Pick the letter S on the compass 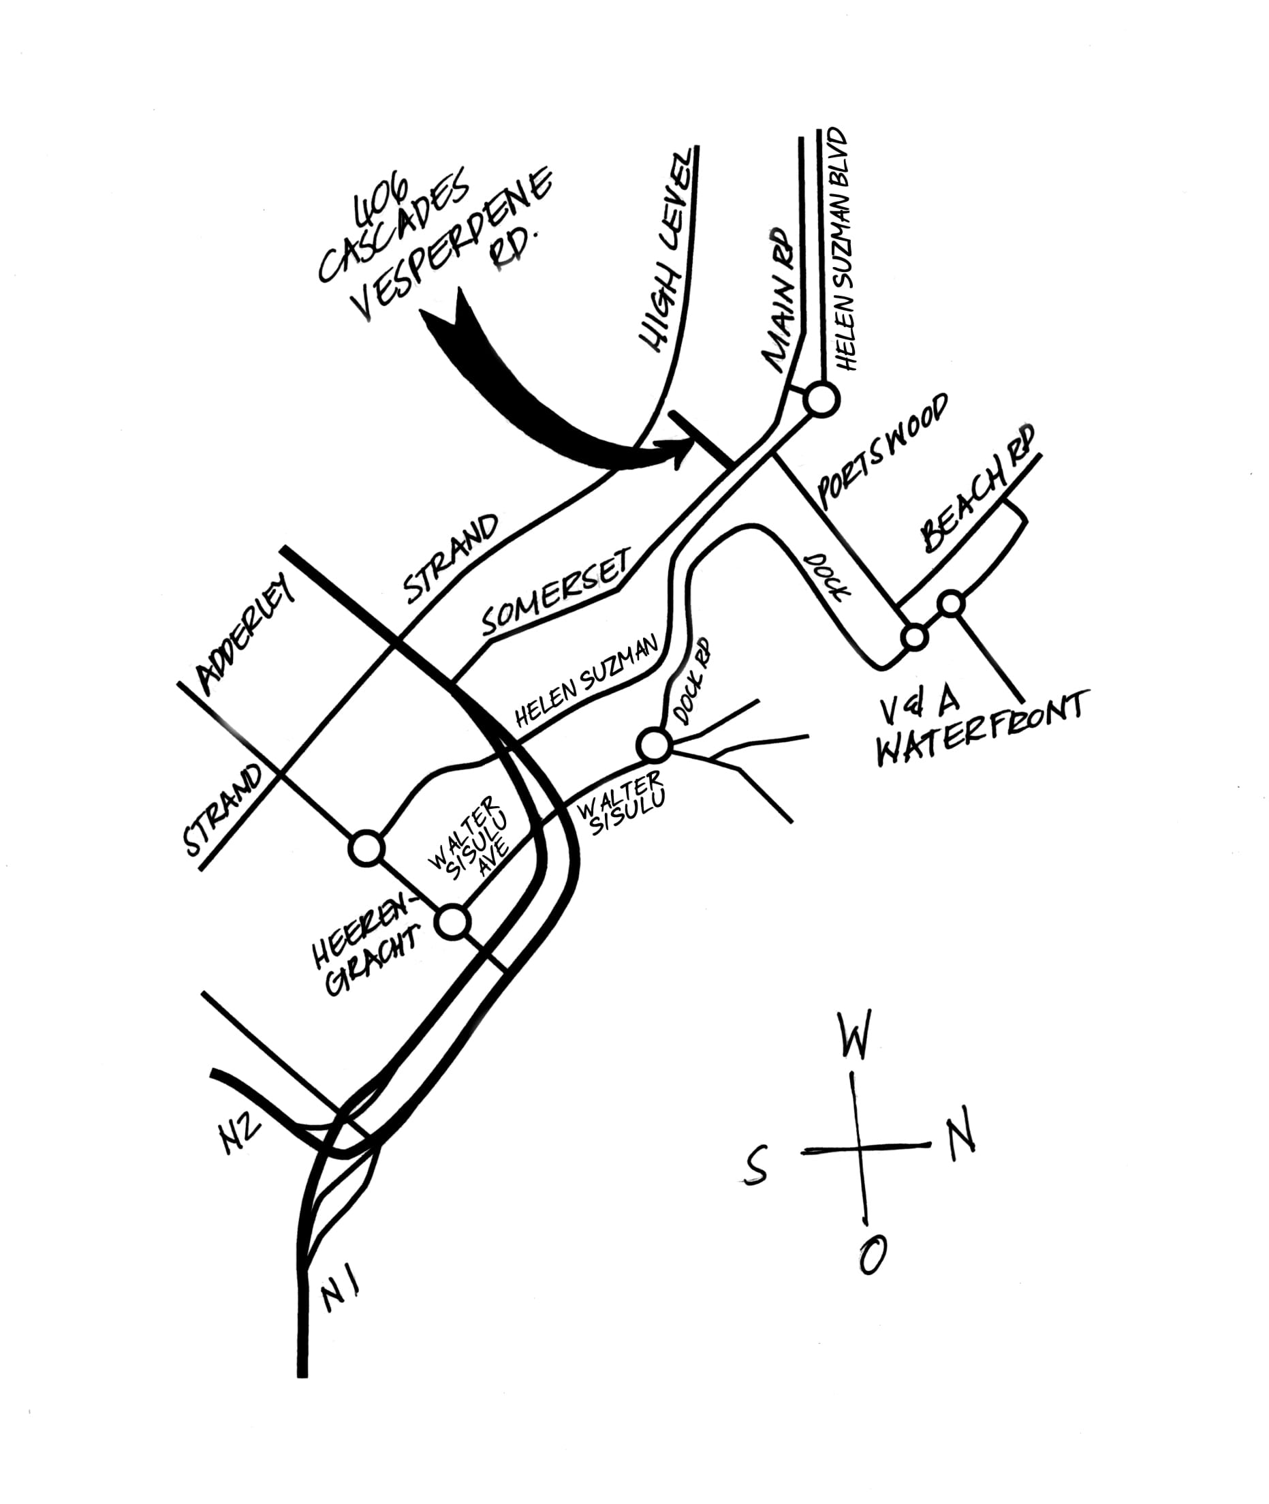coord(755,1165)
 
